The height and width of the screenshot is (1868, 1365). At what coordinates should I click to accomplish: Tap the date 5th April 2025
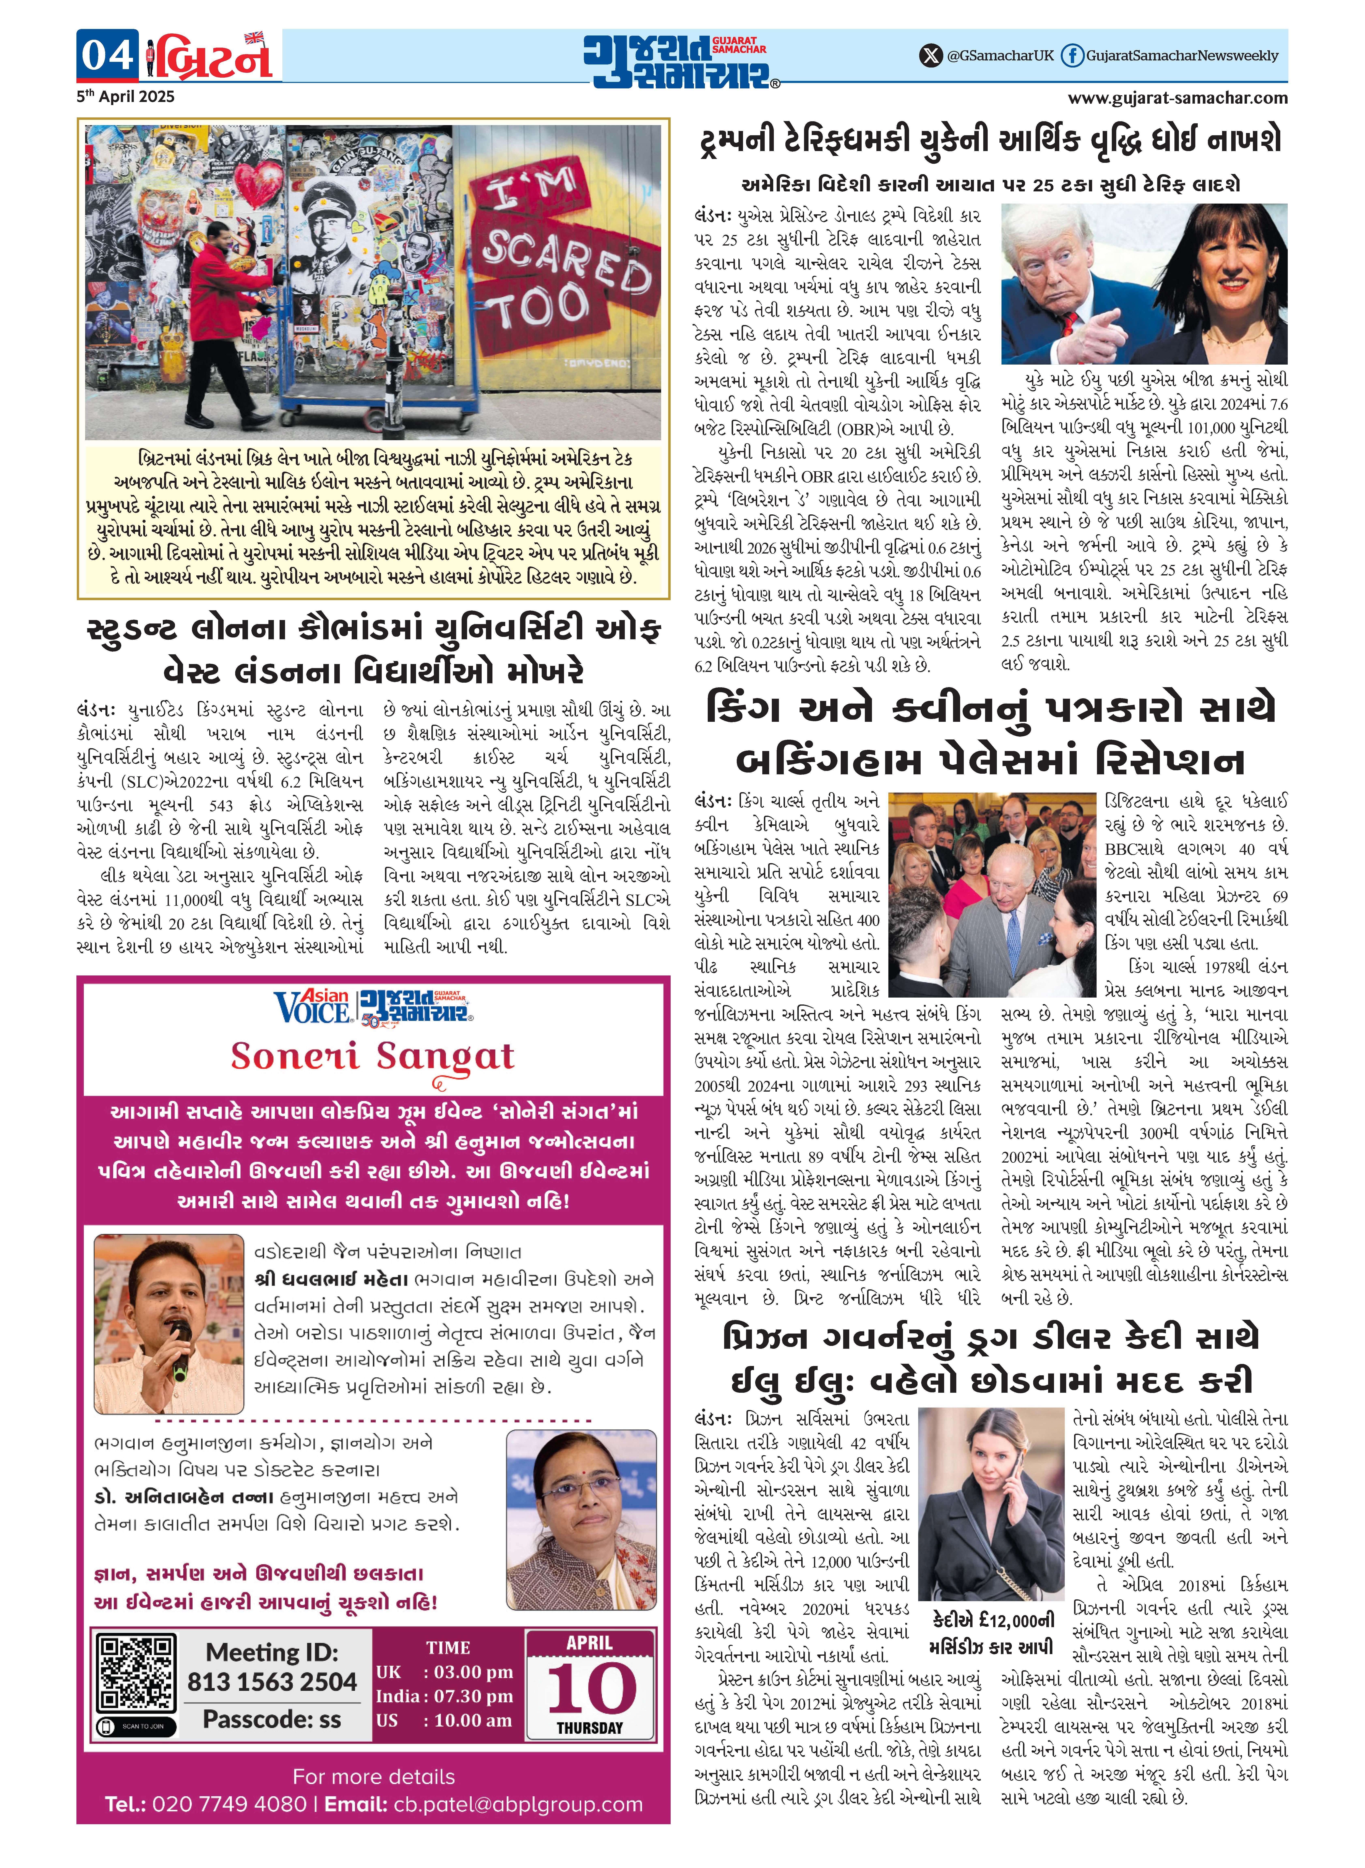[x=126, y=97]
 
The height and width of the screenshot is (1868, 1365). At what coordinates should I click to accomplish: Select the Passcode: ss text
[x=272, y=1719]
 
